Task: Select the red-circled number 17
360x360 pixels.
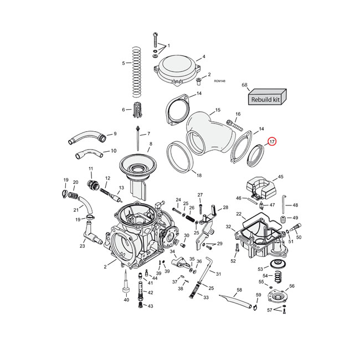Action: (x=272, y=142)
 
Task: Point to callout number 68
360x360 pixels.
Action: (x=244, y=85)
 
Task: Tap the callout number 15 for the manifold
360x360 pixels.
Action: (x=218, y=110)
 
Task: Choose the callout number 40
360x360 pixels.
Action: (x=126, y=300)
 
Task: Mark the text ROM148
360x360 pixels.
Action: (x=219, y=81)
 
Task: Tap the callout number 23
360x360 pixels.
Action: (x=82, y=246)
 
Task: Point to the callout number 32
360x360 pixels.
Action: (x=228, y=227)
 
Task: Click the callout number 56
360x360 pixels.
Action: (x=292, y=286)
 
